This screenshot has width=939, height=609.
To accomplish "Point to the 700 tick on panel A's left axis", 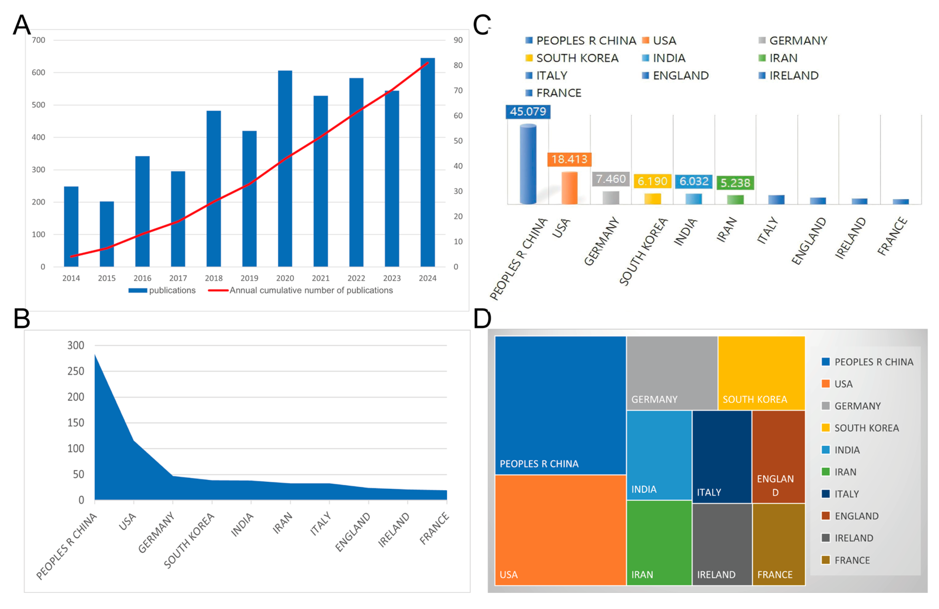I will (39, 40).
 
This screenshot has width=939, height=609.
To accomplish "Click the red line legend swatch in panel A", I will (218, 290).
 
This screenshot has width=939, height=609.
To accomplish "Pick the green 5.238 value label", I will (735, 183).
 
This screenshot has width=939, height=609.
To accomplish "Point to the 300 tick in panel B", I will (76, 346).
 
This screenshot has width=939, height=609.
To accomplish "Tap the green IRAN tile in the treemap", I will (659, 542).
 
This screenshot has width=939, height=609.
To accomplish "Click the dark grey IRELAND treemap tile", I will (722, 544).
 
